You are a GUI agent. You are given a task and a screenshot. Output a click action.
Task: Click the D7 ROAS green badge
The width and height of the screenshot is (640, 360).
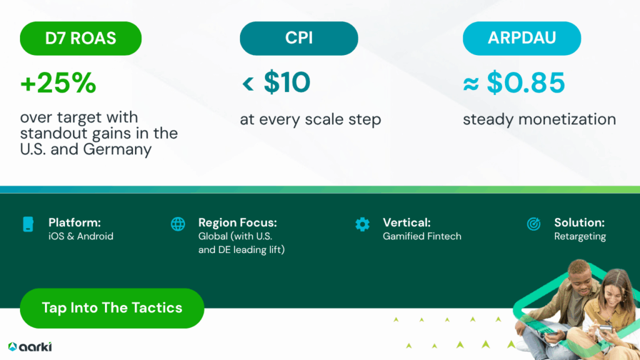[x=81, y=38]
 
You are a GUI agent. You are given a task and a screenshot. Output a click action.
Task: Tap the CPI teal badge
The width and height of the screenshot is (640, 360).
[x=299, y=38]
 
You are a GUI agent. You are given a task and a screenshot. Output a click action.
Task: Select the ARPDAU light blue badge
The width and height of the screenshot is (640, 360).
[x=522, y=38]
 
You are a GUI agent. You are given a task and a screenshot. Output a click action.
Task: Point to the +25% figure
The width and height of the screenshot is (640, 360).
[x=58, y=83]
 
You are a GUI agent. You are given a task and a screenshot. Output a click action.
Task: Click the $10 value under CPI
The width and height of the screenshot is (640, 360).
[x=287, y=82]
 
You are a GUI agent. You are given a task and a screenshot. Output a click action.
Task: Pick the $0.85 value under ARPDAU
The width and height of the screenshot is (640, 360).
[x=526, y=82]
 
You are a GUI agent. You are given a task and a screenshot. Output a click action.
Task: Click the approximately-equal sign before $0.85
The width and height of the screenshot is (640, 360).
[x=471, y=84]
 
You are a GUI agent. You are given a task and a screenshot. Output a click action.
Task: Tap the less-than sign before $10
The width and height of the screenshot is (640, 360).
[x=247, y=84]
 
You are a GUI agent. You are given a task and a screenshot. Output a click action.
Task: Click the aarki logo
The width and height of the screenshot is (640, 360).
[x=30, y=346]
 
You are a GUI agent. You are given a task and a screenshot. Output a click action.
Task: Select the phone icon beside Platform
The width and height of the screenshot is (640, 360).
[x=28, y=224]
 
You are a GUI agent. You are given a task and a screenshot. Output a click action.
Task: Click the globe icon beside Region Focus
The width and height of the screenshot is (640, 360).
[x=178, y=224]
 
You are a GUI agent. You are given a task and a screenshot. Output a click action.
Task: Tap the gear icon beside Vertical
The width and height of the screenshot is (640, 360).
[x=362, y=224]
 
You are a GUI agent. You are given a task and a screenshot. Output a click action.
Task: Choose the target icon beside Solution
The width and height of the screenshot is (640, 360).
[x=534, y=224]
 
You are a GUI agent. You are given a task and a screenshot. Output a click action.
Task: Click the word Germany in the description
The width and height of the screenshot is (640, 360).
[x=117, y=149]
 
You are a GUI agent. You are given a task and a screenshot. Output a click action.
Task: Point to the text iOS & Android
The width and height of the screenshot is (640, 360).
[x=81, y=236]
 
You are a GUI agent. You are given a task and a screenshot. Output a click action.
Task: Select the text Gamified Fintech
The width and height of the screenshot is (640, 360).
[x=422, y=236]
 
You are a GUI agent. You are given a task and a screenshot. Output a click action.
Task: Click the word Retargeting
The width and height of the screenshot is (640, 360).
[x=580, y=237]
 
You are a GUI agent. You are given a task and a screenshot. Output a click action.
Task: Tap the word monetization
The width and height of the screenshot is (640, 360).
[x=567, y=119]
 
